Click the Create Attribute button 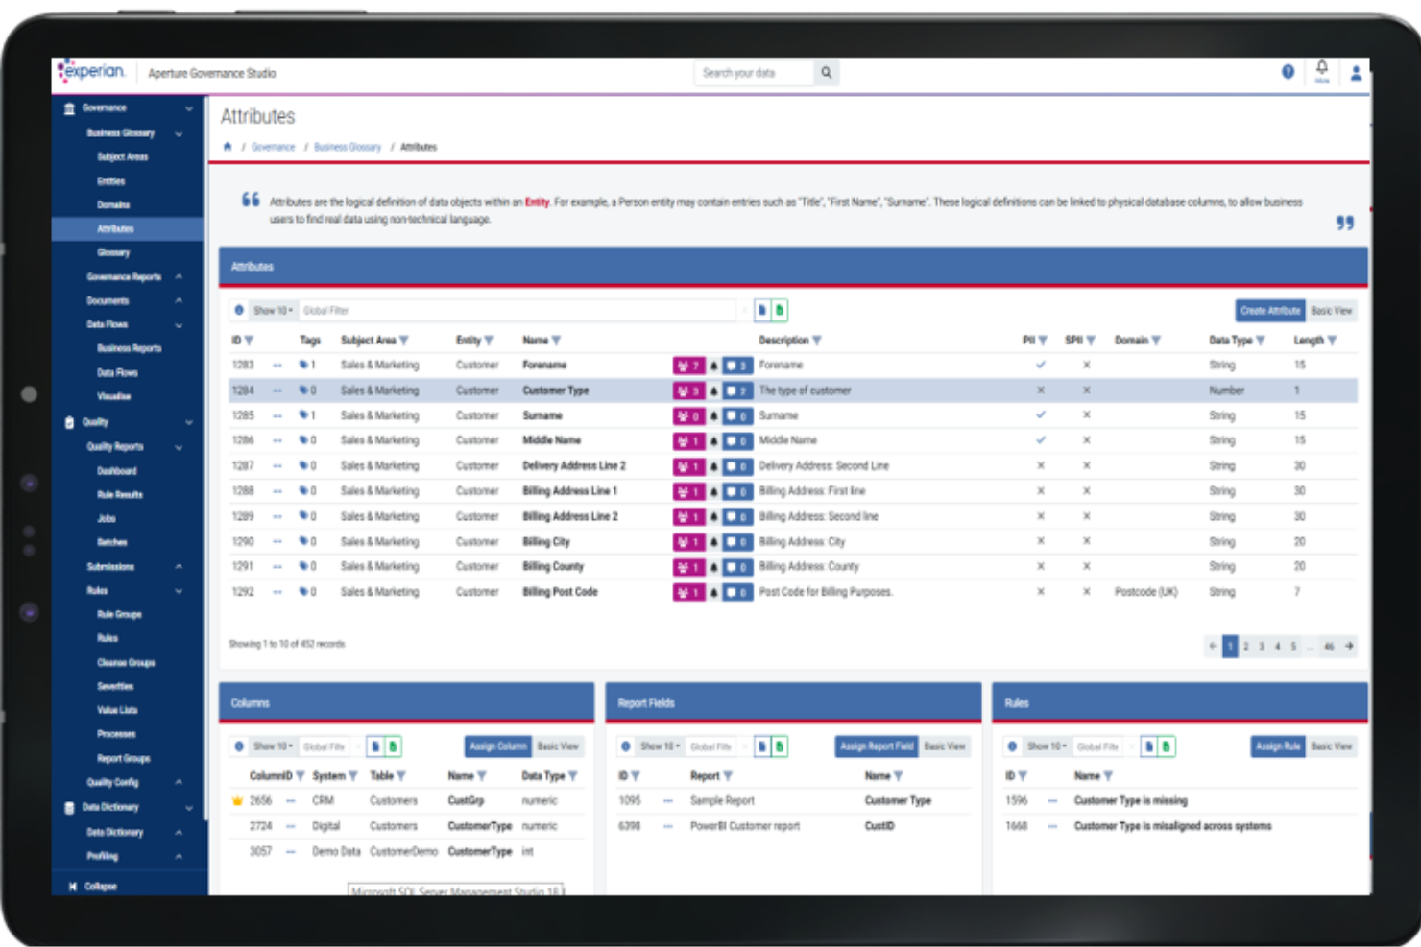[x=1269, y=311]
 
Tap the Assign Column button [x=497, y=746]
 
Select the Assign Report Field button [x=877, y=746]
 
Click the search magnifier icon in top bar [x=826, y=73]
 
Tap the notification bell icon [x=1322, y=68]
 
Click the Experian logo [x=92, y=72]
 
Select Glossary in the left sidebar [x=113, y=252]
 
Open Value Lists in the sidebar [x=117, y=710]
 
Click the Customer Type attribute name [x=555, y=391]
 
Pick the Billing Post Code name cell [x=560, y=592]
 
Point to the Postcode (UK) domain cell [x=1145, y=592]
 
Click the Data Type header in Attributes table [x=1231, y=341]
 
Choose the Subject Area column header [x=368, y=341]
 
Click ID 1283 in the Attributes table [x=243, y=366]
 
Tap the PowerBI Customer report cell [x=744, y=826]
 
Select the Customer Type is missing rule [x=1130, y=801]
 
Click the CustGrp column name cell [x=466, y=801]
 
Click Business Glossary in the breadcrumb [x=348, y=148]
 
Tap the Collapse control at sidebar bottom [x=100, y=887]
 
